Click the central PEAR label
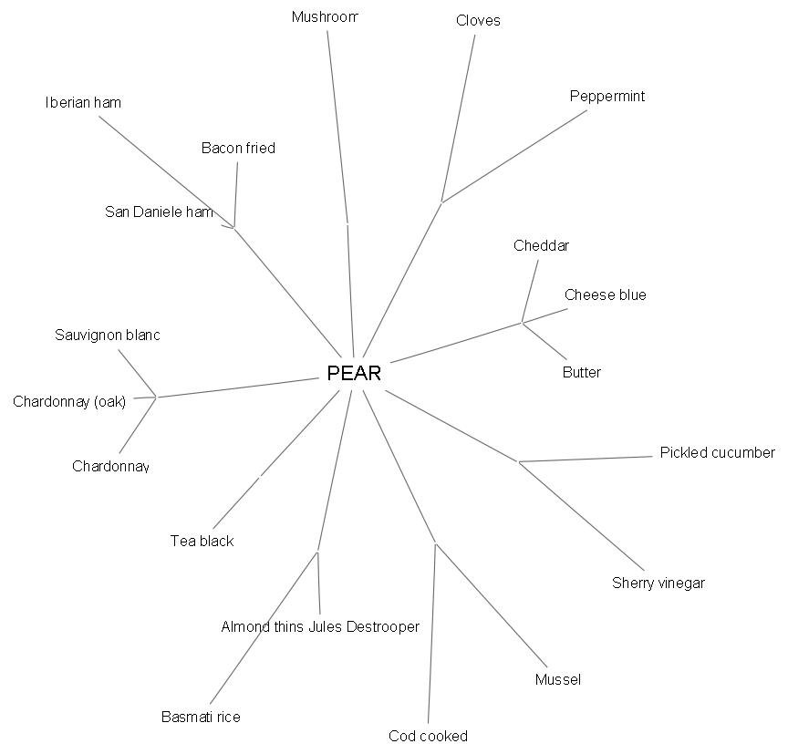point(354,374)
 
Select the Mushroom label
point(325,17)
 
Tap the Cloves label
point(478,21)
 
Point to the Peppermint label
point(607,97)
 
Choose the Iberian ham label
point(83,103)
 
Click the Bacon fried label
point(238,149)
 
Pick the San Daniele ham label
point(160,212)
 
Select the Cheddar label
point(541,246)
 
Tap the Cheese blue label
point(605,295)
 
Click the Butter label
point(582,373)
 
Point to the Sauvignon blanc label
point(108,336)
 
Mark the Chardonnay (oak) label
point(69,402)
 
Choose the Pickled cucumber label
point(717,453)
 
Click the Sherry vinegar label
point(658,584)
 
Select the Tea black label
point(202,542)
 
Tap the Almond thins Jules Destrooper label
point(320,627)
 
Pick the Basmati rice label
point(201,718)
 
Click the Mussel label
point(558,680)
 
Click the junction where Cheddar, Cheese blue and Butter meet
point(522,322)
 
